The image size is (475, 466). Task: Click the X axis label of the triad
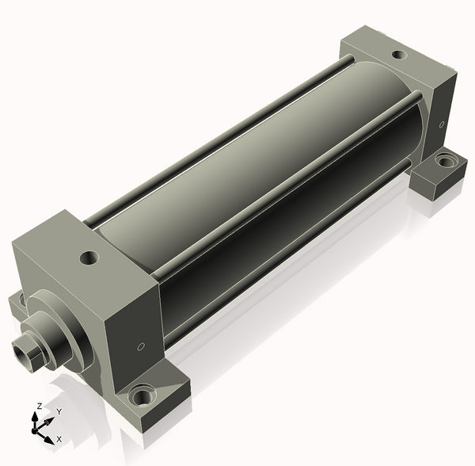click(59, 439)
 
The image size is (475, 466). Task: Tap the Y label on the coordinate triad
click(59, 411)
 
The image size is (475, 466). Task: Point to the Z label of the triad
click(39, 406)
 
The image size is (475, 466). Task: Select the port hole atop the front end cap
click(89, 258)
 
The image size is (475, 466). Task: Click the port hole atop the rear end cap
click(399, 55)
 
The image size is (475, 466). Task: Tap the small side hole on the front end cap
click(141, 346)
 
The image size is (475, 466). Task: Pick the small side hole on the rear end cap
click(442, 124)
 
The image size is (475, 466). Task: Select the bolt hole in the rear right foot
click(445, 160)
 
